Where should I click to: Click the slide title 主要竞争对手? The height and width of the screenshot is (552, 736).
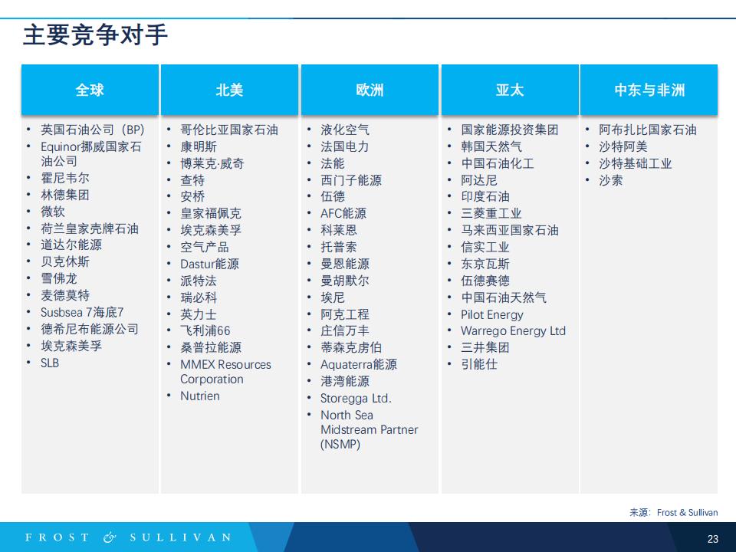click(x=95, y=35)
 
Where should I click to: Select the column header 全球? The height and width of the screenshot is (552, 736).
click(x=90, y=90)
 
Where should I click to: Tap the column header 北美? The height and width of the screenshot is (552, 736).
click(x=229, y=90)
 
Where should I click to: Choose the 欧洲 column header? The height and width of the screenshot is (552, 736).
click(x=370, y=90)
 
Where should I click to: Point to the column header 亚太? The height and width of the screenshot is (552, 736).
click(x=510, y=90)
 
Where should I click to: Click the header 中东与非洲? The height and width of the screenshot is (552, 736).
click(x=649, y=90)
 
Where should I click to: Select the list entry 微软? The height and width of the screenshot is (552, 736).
click(x=53, y=212)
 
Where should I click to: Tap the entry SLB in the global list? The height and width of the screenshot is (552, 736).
click(x=50, y=363)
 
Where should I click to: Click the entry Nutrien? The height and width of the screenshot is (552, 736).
click(x=200, y=396)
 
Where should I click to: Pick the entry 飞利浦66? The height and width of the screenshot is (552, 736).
click(x=205, y=331)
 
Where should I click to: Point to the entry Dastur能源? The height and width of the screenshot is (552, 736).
click(x=210, y=264)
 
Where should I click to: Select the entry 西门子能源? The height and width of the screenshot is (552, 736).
click(x=351, y=180)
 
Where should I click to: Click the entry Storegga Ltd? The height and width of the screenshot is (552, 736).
click(x=356, y=399)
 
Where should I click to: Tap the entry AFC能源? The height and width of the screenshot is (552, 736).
click(x=343, y=214)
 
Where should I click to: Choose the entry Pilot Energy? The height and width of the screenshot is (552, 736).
click(x=492, y=314)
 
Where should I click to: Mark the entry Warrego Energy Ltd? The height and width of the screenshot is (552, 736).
click(x=513, y=331)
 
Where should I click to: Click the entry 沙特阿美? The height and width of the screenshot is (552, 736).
click(x=623, y=146)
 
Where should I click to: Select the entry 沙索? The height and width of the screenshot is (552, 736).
click(x=611, y=180)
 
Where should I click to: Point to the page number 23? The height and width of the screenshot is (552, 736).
click(x=712, y=539)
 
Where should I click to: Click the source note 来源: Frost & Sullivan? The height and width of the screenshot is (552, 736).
click(x=674, y=513)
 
